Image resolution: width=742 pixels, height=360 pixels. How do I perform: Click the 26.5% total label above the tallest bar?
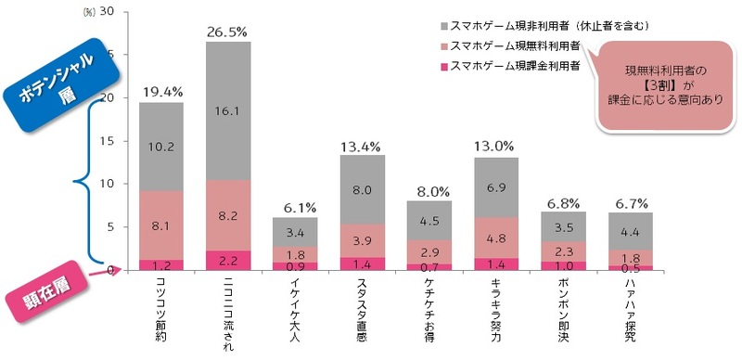227,32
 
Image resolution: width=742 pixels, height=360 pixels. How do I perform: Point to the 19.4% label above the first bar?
160,92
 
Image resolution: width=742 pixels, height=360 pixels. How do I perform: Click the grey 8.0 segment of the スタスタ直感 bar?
362,190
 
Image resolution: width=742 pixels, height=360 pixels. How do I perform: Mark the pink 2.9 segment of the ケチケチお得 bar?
429,251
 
